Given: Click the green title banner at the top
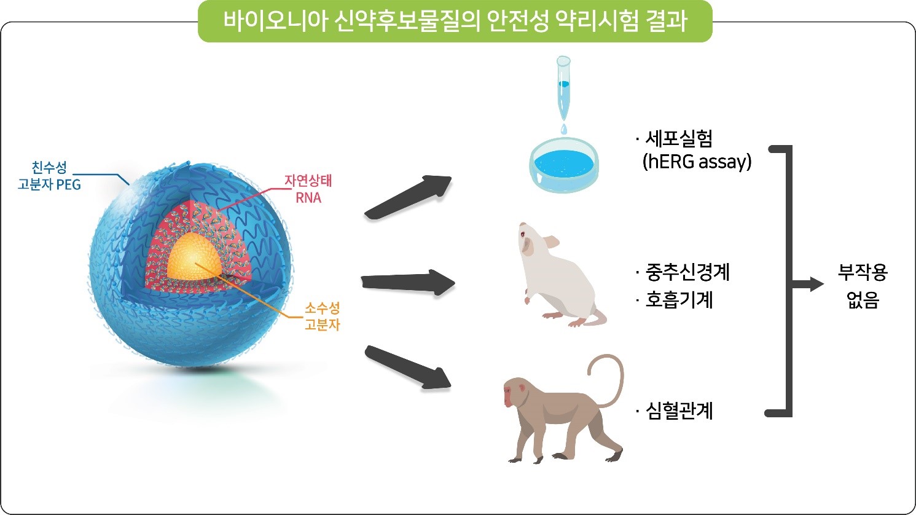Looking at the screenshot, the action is tap(455, 22).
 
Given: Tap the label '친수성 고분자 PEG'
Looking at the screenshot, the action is tap(49, 176).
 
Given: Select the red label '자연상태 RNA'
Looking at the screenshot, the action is tap(308, 189).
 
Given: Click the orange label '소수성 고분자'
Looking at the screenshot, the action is tap(323, 316).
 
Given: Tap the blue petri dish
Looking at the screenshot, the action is tap(564, 165).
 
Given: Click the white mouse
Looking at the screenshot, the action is tap(558, 275).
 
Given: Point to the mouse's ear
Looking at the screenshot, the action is tap(550, 242).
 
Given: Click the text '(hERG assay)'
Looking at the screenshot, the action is tap(697, 162).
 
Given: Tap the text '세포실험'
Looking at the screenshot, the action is tap(679, 139).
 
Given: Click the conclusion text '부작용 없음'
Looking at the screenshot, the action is tap(863, 286).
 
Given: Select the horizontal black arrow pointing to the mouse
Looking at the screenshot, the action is tap(408, 282).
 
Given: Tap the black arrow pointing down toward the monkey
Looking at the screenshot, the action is tap(408, 368).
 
